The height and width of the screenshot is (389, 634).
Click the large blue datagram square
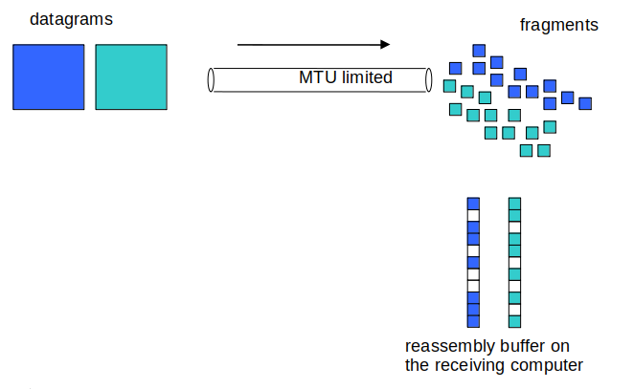tap(48, 76)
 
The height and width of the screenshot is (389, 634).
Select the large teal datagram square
tap(131, 76)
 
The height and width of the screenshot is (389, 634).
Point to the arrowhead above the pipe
tap(385, 44)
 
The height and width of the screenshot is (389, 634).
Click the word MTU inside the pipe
tap(319, 77)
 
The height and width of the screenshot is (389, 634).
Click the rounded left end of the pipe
tap(212, 79)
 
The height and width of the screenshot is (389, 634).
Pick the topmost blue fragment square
tap(479, 50)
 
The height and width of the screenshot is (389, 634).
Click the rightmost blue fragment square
tap(585, 103)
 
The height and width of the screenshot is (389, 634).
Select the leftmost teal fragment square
tap(449, 86)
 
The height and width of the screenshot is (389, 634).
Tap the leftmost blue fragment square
tap(456, 68)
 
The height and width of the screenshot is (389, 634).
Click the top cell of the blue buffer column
tap(472, 204)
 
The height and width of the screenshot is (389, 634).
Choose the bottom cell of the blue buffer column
tap(472, 320)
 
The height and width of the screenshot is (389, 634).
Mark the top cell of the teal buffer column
tap(514, 204)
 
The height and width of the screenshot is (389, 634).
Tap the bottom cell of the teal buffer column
tap(514, 320)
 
